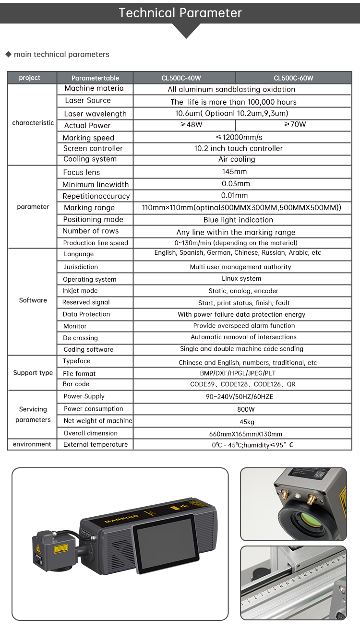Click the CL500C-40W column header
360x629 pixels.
coord(184,78)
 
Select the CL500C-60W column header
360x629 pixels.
coord(293,78)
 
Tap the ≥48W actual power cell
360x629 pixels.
coord(184,125)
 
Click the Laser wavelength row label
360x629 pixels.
coord(95,114)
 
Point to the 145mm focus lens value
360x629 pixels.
coord(235,172)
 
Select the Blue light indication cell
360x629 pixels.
coord(238,220)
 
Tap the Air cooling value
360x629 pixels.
coord(237,159)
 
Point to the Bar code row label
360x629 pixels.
coord(76,384)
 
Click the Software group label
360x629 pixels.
coord(33,300)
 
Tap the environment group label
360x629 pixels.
coord(32,444)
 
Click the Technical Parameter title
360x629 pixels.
coord(180,13)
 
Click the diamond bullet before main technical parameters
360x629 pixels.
coord(8,54)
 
